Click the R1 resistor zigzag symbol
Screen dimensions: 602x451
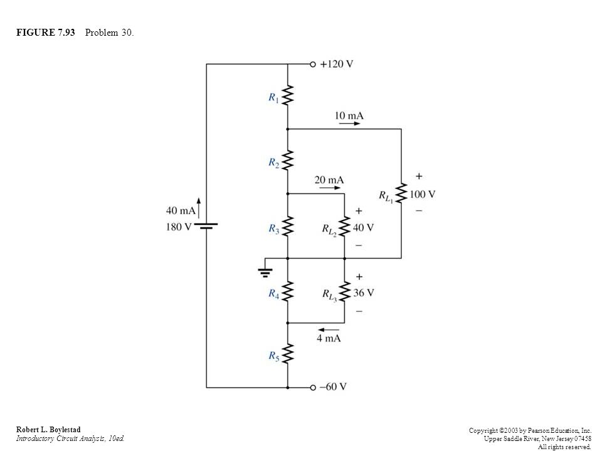point(288,95)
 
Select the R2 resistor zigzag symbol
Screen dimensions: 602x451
point(288,160)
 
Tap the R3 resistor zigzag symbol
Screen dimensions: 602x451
point(288,226)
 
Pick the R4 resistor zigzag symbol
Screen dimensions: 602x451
point(288,291)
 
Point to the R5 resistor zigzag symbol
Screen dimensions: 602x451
point(288,353)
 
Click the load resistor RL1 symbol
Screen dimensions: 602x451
point(401,194)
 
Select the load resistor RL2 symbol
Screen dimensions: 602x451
point(344,226)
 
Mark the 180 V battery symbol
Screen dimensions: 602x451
point(206,226)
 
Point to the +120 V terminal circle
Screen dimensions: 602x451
point(313,64)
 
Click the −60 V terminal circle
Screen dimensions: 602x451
point(313,387)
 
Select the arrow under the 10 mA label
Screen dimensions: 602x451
point(349,123)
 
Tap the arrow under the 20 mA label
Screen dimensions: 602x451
point(330,188)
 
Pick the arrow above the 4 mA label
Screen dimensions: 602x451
point(329,329)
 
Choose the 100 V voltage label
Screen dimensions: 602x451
point(422,194)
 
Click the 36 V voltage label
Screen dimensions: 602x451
point(364,293)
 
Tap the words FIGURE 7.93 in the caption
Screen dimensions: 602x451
point(46,33)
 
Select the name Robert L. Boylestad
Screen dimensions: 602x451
point(48,430)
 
